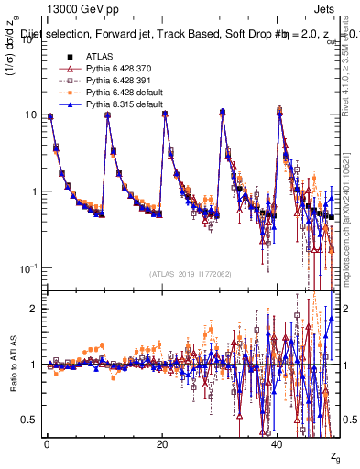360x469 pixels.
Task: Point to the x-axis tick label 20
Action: point(161,444)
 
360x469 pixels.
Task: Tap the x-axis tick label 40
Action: point(278,444)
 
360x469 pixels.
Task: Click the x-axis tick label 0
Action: point(46,444)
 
